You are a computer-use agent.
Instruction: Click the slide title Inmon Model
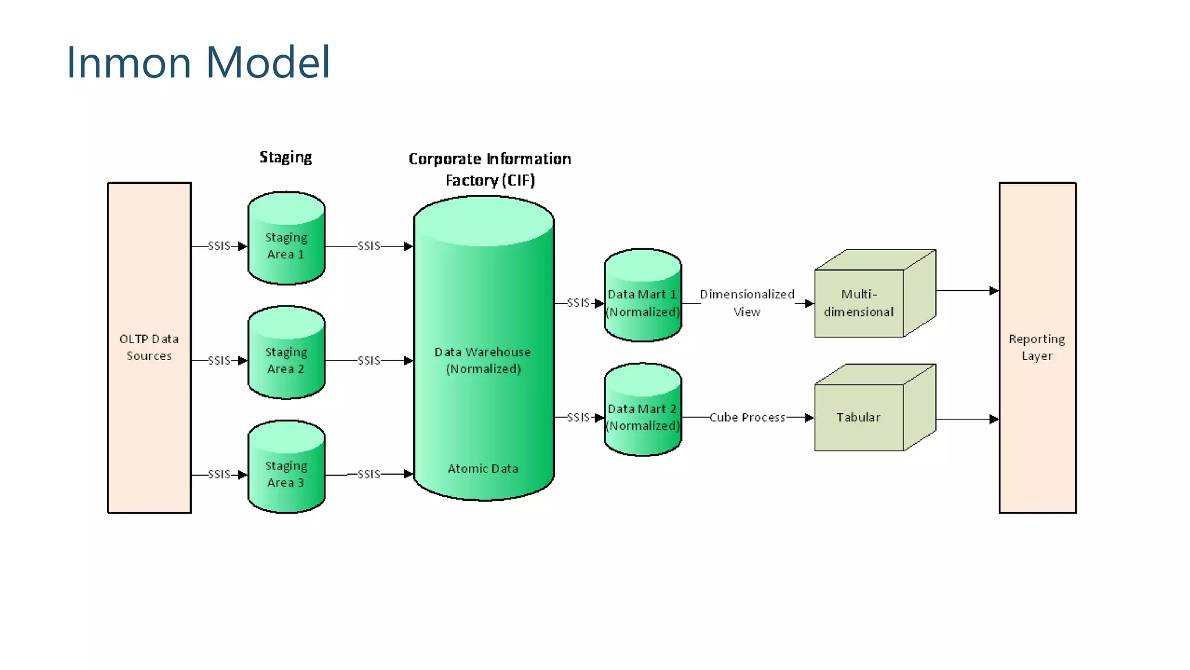tap(198, 62)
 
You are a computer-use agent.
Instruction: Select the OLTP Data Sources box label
tap(149, 347)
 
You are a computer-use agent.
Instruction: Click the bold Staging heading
tap(285, 157)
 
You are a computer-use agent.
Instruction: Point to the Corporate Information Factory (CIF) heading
tap(489, 169)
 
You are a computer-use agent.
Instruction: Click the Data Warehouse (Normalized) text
tap(483, 360)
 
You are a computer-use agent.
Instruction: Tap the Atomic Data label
tap(483, 468)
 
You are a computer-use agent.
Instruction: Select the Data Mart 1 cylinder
tap(642, 302)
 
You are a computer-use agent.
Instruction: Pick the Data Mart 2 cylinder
tap(642, 417)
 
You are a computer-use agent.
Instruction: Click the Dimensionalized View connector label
tap(747, 302)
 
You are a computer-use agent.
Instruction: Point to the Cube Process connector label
tap(747, 417)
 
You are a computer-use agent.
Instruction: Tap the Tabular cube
tap(859, 417)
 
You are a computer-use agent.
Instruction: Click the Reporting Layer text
tap(1037, 347)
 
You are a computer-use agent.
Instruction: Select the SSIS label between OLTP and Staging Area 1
tap(219, 246)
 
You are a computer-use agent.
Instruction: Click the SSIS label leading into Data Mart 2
tap(578, 417)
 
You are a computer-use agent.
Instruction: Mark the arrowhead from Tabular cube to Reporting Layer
tap(994, 419)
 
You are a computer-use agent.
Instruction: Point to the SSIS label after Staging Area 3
tap(369, 474)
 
